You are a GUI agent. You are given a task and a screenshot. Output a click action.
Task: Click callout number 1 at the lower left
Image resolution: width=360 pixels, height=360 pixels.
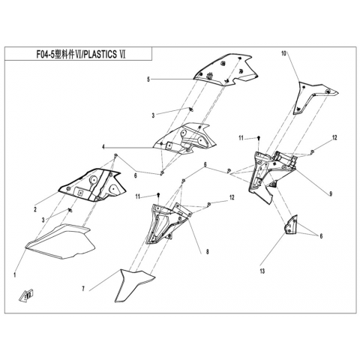coord(15,275)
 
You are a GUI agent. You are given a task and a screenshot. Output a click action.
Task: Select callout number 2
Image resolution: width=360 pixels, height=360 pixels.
coord(35,209)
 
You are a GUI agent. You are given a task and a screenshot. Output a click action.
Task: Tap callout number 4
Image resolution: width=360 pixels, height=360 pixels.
coord(103,147)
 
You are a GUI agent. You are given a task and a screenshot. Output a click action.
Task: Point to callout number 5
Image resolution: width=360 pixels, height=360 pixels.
coord(148,79)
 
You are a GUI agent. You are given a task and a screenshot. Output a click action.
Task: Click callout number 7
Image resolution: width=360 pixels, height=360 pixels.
coord(83,289)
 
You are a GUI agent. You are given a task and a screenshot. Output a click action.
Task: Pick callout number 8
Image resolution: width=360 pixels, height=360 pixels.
coord(207,252)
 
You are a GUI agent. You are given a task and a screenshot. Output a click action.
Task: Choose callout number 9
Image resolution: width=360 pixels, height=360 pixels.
coord(331,193)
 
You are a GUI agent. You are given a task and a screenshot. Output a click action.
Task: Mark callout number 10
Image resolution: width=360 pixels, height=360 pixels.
coord(283,53)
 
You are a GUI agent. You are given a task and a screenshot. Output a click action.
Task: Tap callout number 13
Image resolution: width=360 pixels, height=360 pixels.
coord(262,271)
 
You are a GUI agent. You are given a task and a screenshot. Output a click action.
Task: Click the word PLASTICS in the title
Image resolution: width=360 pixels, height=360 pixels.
coord(100,54)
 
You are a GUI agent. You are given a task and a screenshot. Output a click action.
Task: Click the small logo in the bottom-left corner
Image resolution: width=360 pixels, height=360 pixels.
coord(26,295)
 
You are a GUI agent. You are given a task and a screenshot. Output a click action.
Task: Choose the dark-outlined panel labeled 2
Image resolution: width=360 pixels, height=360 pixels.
coord(92,184)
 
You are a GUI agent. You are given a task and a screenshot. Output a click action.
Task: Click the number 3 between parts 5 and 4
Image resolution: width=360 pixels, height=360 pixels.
coord(153,115)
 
